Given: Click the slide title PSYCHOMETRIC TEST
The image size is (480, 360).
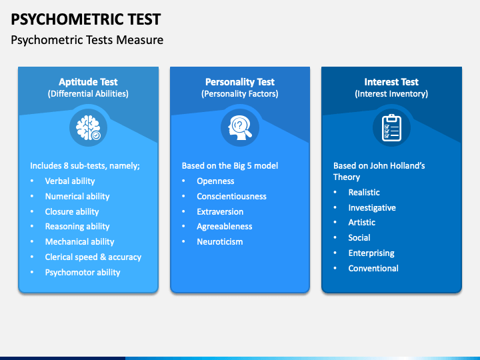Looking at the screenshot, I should tap(85, 18).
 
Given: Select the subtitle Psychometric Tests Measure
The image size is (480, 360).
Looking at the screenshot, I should tap(87, 40).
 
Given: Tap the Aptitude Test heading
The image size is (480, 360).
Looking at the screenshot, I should tap(88, 82).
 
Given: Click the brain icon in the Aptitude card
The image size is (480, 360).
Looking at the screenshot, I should tap(88, 127).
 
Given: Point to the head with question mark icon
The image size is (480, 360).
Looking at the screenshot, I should tap(239, 127).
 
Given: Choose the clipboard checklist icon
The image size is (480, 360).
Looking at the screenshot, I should tap(391, 127).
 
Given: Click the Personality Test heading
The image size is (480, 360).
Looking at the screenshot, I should tap(239, 82).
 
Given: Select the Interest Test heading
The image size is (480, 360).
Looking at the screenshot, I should tap(391, 82).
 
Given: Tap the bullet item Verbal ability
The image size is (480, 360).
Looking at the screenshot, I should tap(70, 181).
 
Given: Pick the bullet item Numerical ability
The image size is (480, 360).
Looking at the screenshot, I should tap(77, 196).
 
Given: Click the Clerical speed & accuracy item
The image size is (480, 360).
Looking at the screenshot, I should tap(93, 257).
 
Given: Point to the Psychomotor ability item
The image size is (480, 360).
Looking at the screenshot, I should tap(83, 272).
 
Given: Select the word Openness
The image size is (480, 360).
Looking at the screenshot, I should tap(215, 181).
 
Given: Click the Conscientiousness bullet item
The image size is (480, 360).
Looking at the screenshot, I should tap(231, 196).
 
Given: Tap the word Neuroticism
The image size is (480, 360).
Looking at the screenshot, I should tap(219, 241).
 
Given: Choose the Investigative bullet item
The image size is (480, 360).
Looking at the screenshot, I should tap(372, 207).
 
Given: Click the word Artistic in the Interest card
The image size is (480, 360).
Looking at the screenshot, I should tap(361, 223).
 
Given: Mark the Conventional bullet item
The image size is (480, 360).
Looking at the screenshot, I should tap(373, 268).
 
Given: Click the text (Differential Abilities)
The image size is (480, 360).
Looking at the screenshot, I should tap(88, 94).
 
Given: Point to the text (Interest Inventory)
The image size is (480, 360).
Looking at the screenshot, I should tap(391, 94).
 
